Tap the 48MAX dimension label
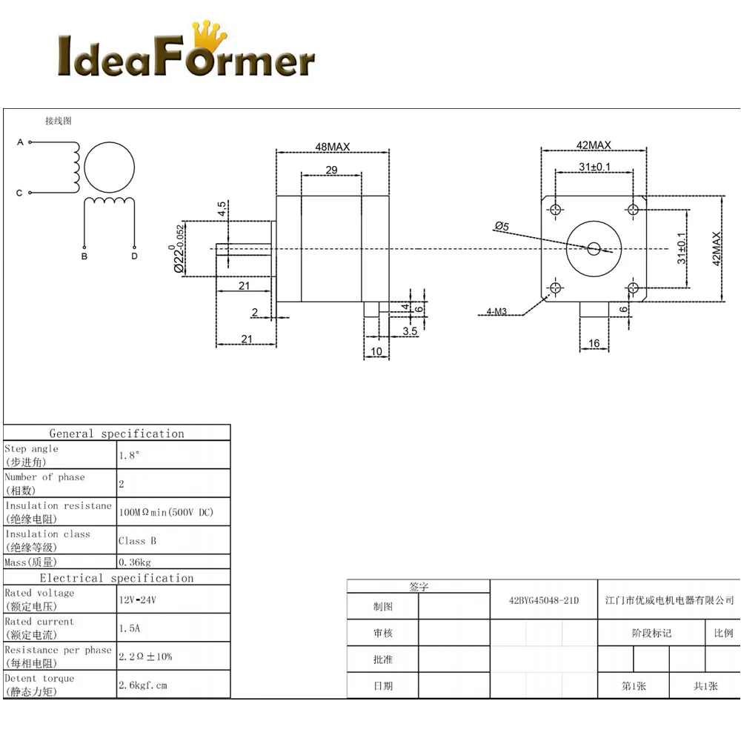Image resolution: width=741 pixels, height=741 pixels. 332,147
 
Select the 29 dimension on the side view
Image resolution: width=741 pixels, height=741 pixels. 331,170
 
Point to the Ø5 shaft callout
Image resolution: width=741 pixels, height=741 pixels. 502,226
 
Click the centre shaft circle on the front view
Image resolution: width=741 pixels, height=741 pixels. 594,247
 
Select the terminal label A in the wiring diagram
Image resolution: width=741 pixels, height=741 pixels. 20,142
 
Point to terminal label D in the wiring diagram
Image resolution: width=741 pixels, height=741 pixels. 134,256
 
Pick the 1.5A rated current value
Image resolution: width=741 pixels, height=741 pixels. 129,628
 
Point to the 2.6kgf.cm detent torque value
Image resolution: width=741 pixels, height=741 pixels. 143,685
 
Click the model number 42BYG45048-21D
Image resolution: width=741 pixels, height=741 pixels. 544,600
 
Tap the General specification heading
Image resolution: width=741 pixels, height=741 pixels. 116,433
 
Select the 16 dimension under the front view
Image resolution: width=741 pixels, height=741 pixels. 594,343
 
